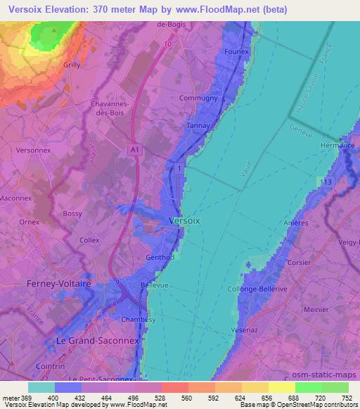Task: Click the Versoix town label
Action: pyautogui.click(x=187, y=221)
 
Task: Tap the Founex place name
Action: pyautogui.click(x=237, y=52)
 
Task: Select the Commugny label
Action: pyautogui.click(x=199, y=98)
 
